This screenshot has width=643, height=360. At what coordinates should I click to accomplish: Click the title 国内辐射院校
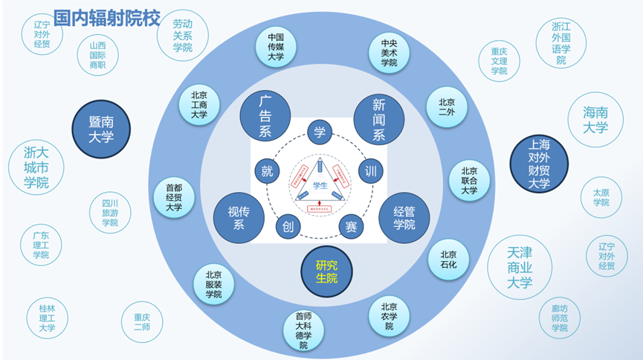point(107,17)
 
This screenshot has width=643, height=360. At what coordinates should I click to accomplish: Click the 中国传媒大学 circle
point(276,46)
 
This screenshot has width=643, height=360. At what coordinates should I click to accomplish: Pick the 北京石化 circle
point(448,258)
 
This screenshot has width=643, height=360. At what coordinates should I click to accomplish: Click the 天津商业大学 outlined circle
point(520,267)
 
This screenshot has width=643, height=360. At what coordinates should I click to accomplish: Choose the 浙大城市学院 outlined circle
point(37,167)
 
